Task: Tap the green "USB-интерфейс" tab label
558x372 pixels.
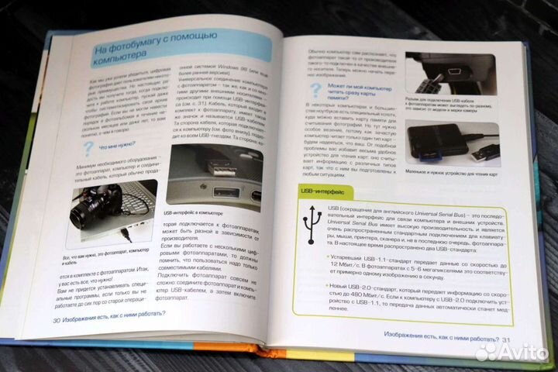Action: click(x=325, y=190)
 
